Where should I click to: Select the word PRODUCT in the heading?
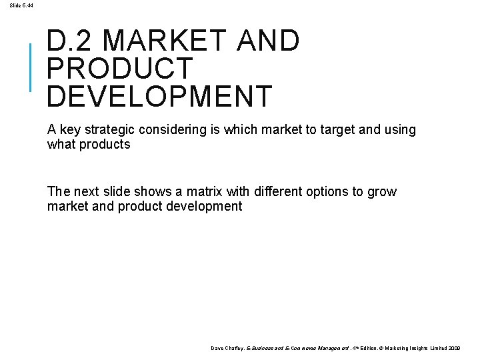pos(120,69)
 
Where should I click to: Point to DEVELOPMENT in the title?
pos(160,96)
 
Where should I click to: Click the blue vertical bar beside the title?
pos(31,67)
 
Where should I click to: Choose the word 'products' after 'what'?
pos(105,144)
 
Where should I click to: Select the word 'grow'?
pos(382,192)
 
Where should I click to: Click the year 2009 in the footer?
pos(454,348)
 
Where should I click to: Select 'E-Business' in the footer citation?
pos(259,348)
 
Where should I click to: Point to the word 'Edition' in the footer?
pos(353,348)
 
